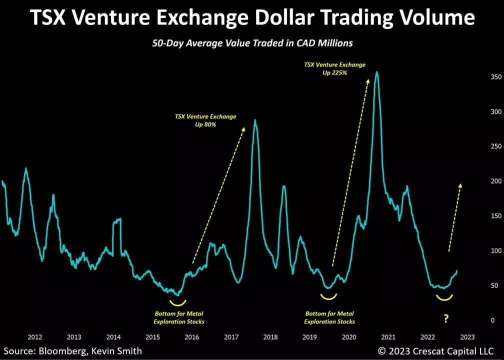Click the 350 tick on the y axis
(x=482, y=77)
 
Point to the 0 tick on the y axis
(x=478, y=320)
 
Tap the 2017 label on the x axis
(x=231, y=337)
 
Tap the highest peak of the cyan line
(x=376, y=72)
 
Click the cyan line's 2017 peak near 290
(x=255, y=120)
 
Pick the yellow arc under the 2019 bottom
(x=329, y=297)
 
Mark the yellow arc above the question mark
(x=444, y=298)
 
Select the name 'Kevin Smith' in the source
(x=118, y=351)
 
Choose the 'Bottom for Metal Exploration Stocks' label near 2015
(x=179, y=317)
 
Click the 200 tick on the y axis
(x=482, y=181)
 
